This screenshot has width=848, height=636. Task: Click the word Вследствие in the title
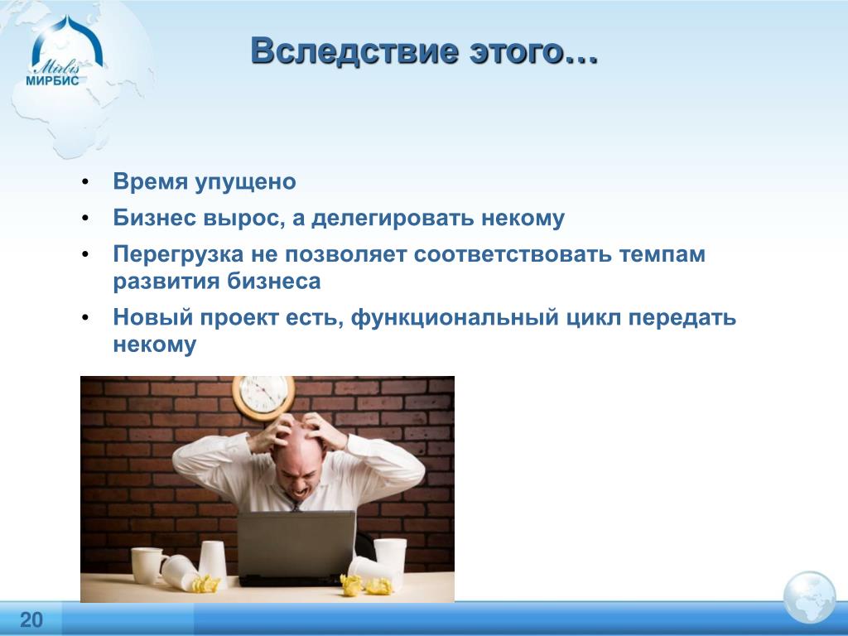pos(354,51)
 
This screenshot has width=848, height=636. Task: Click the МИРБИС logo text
pos(52,80)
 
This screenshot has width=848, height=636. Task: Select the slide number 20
pos(31,619)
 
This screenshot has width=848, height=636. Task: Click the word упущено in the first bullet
pos(245,182)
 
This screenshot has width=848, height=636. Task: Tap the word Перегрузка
pos(178,255)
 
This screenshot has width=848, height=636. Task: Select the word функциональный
pos(455,317)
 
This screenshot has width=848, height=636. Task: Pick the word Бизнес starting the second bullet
pos(155,218)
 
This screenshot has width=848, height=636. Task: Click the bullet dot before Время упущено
pos(85,182)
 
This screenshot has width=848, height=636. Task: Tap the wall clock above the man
pos(264,397)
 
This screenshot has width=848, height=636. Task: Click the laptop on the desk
pos(296,548)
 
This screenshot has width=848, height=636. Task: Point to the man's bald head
pos(298,444)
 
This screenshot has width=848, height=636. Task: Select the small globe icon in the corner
pos(809,597)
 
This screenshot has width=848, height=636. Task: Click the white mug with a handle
pos(147,565)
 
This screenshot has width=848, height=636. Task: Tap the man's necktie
pos(296,506)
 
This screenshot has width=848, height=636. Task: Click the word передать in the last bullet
pos(682,318)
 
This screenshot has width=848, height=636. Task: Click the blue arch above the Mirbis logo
pos(67,41)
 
